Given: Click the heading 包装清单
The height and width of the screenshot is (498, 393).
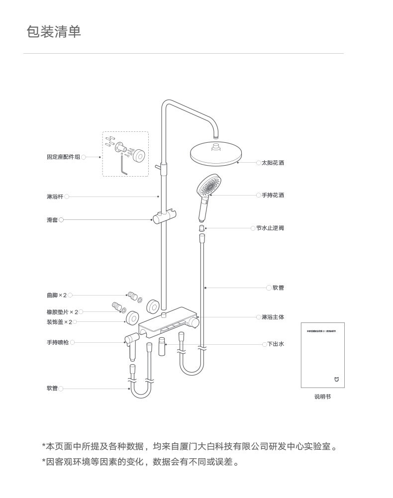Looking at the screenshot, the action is pyautogui.click(x=53, y=32).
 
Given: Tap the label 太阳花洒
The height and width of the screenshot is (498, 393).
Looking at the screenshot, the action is pyautogui.click(x=273, y=163).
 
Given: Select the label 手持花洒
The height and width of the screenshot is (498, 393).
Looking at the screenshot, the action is pyautogui.click(x=273, y=196).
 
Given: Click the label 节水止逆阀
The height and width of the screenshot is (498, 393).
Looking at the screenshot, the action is pyautogui.click(x=270, y=228).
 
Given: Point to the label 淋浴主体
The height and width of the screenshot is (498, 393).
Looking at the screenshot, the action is pyautogui.click(x=273, y=317).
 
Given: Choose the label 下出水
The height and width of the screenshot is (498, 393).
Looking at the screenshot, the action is pyautogui.click(x=276, y=344).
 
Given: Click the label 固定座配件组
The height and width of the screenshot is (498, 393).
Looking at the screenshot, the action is pyautogui.click(x=63, y=157).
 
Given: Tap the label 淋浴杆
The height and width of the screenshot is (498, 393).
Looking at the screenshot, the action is pyautogui.click(x=55, y=197).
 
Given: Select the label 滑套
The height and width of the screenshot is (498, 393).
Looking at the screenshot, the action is pyautogui.click(x=52, y=220).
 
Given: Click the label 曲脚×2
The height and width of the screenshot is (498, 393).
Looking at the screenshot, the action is pyautogui.click(x=57, y=296).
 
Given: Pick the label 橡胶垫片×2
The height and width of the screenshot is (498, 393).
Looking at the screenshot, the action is pyautogui.click(x=62, y=312).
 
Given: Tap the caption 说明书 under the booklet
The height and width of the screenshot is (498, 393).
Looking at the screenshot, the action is pyautogui.click(x=322, y=397).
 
